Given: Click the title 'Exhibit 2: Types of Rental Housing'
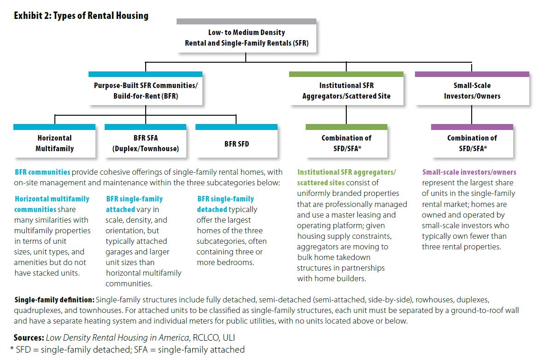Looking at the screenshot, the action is pos(81,16).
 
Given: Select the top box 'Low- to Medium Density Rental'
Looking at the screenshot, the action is pos(246,36).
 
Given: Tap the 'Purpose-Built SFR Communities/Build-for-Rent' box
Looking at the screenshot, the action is pos(145,89).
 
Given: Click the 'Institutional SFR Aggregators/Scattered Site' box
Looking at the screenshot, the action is pos(346,89).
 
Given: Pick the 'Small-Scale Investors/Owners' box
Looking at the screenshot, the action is pos(472,89).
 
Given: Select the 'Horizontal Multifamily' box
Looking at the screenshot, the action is pos(54,141).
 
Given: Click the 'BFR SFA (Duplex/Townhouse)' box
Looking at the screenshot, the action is pos(145,141).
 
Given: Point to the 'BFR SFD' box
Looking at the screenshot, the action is pos(237,141).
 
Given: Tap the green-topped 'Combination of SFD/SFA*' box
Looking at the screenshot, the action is pos(346,141).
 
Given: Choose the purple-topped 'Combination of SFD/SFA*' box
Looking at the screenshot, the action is pos(472,141).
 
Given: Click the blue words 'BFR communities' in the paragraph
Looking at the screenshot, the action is pos(42,172).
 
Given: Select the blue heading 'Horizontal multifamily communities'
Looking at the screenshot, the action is pos(52,204).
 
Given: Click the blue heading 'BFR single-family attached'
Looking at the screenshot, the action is pos(134,204).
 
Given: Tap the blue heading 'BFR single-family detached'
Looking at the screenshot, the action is pos(225,204).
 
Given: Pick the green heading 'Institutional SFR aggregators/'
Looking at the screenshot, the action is pos(347,172).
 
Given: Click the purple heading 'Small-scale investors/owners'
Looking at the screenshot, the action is pos(469,172).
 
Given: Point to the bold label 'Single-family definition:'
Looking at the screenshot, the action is pos(54,300).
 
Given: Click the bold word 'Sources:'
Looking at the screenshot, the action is pos(29,337).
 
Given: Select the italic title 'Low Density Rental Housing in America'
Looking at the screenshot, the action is pos(118,337).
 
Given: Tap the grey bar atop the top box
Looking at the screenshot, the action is pos(246,22).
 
